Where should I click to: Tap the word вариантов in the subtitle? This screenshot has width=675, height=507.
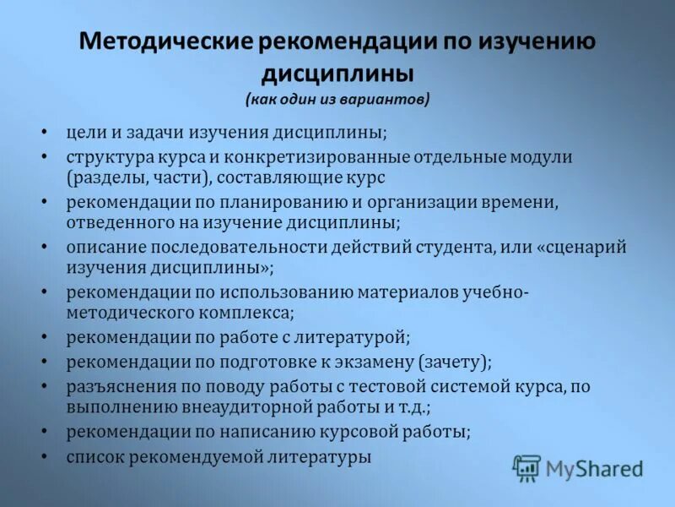coord(391,100)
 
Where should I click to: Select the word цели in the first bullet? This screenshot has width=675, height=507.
coord(84,134)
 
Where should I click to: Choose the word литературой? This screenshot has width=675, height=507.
coord(355,337)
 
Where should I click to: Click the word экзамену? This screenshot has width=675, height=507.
coord(366,362)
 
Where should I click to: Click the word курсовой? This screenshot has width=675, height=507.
coord(361,431)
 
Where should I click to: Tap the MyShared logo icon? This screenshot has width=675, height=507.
coord(526,467)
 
